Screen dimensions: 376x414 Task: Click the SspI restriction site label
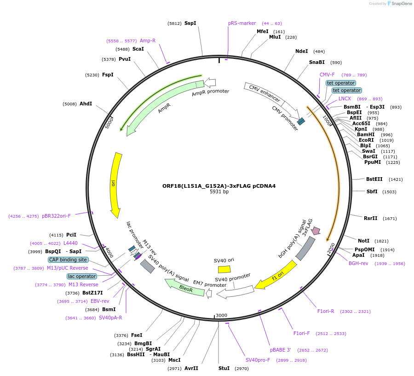pos(190,23)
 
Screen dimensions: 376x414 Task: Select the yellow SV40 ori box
pos(224,269)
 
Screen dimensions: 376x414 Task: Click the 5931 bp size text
pos(219,192)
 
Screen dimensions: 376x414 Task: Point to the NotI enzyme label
pos(363,241)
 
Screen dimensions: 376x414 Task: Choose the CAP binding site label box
pos(68,260)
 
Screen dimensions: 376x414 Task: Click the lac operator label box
pos(82,276)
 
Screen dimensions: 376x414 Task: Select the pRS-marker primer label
pos(242,23)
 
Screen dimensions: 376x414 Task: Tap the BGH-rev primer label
pos(358,263)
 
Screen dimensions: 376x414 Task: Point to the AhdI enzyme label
pos(86,104)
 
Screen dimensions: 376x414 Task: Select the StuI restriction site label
pos(224,368)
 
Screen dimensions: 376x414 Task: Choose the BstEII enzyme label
pos(374,179)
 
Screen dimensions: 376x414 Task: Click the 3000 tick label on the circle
pos(222,315)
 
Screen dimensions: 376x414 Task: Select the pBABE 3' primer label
pos(280,350)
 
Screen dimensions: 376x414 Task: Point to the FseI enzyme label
pos(137,335)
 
